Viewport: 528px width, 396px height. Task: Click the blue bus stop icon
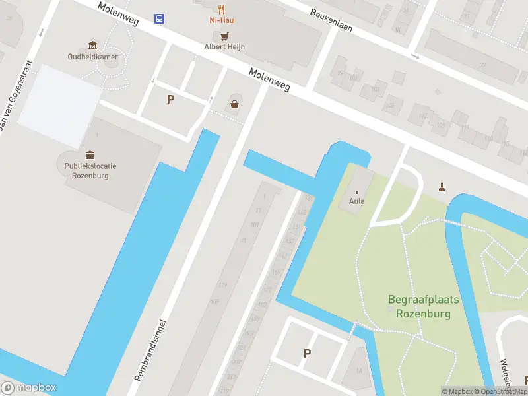coord(160,18)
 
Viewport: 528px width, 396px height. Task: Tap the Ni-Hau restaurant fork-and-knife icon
coord(222,9)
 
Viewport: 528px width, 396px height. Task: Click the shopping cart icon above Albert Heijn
coord(224,36)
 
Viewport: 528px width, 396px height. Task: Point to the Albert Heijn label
coord(224,46)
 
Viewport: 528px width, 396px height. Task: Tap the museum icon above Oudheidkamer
coord(92,45)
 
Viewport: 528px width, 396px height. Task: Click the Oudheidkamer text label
coord(92,56)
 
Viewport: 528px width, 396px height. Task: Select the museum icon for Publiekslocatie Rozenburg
coord(90,154)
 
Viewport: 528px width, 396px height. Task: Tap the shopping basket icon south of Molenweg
coord(234,103)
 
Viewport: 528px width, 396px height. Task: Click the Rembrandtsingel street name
coord(150,350)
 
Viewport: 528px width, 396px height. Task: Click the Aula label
coord(357,201)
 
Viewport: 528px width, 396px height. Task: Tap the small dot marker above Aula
coord(357,192)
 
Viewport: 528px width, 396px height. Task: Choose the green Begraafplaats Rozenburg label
coord(423,307)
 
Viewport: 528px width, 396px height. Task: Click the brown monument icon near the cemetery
coord(442,187)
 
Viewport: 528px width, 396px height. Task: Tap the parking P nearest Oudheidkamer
coord(170,100)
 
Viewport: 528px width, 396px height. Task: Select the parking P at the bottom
coord(307,353)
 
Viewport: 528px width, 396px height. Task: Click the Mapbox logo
coord(29,388)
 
